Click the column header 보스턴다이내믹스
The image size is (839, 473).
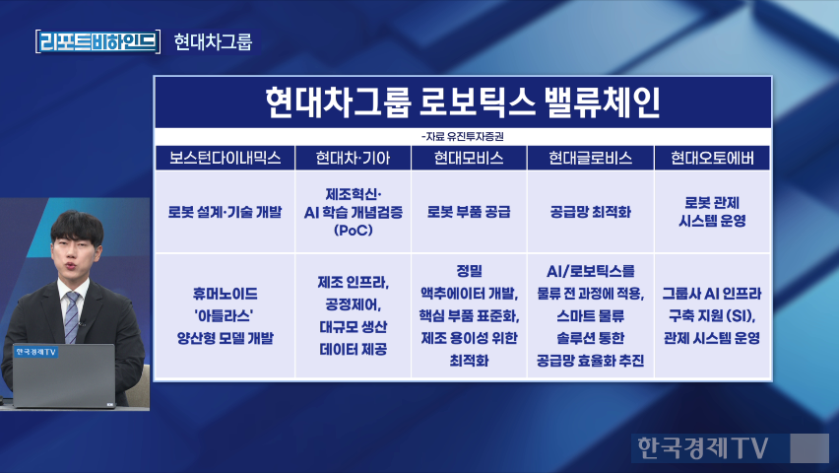tap(225, 158)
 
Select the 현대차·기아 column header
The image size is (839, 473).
tap(353, 158)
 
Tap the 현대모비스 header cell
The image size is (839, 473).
tap(469, 158)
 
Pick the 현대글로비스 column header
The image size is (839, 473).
tap(590, 158)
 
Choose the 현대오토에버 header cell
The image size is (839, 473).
tap(712, 158)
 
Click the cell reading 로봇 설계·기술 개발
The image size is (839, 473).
tap(225, 212)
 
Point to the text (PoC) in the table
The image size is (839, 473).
tap(354, 231)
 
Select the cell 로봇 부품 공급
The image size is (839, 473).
tap(469, 212)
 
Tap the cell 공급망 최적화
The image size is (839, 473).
tap(590, 212)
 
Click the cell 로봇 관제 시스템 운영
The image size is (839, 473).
tap(712, 212)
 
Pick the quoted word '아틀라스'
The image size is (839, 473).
tap(225, 316)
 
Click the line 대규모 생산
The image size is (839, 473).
tap(354, 327)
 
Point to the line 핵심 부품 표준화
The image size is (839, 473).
tap(469, 316)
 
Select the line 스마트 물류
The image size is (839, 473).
tap(590, 316)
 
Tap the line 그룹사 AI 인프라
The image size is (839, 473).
tap(712, 294)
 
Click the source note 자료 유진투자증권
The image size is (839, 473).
tap(463, 137)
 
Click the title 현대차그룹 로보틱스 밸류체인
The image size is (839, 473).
tap(463, 102)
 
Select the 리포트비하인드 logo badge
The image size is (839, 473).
tap(97, 41)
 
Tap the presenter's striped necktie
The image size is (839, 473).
tap(72, 317)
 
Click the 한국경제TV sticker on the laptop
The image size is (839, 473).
tap(35, 352)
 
